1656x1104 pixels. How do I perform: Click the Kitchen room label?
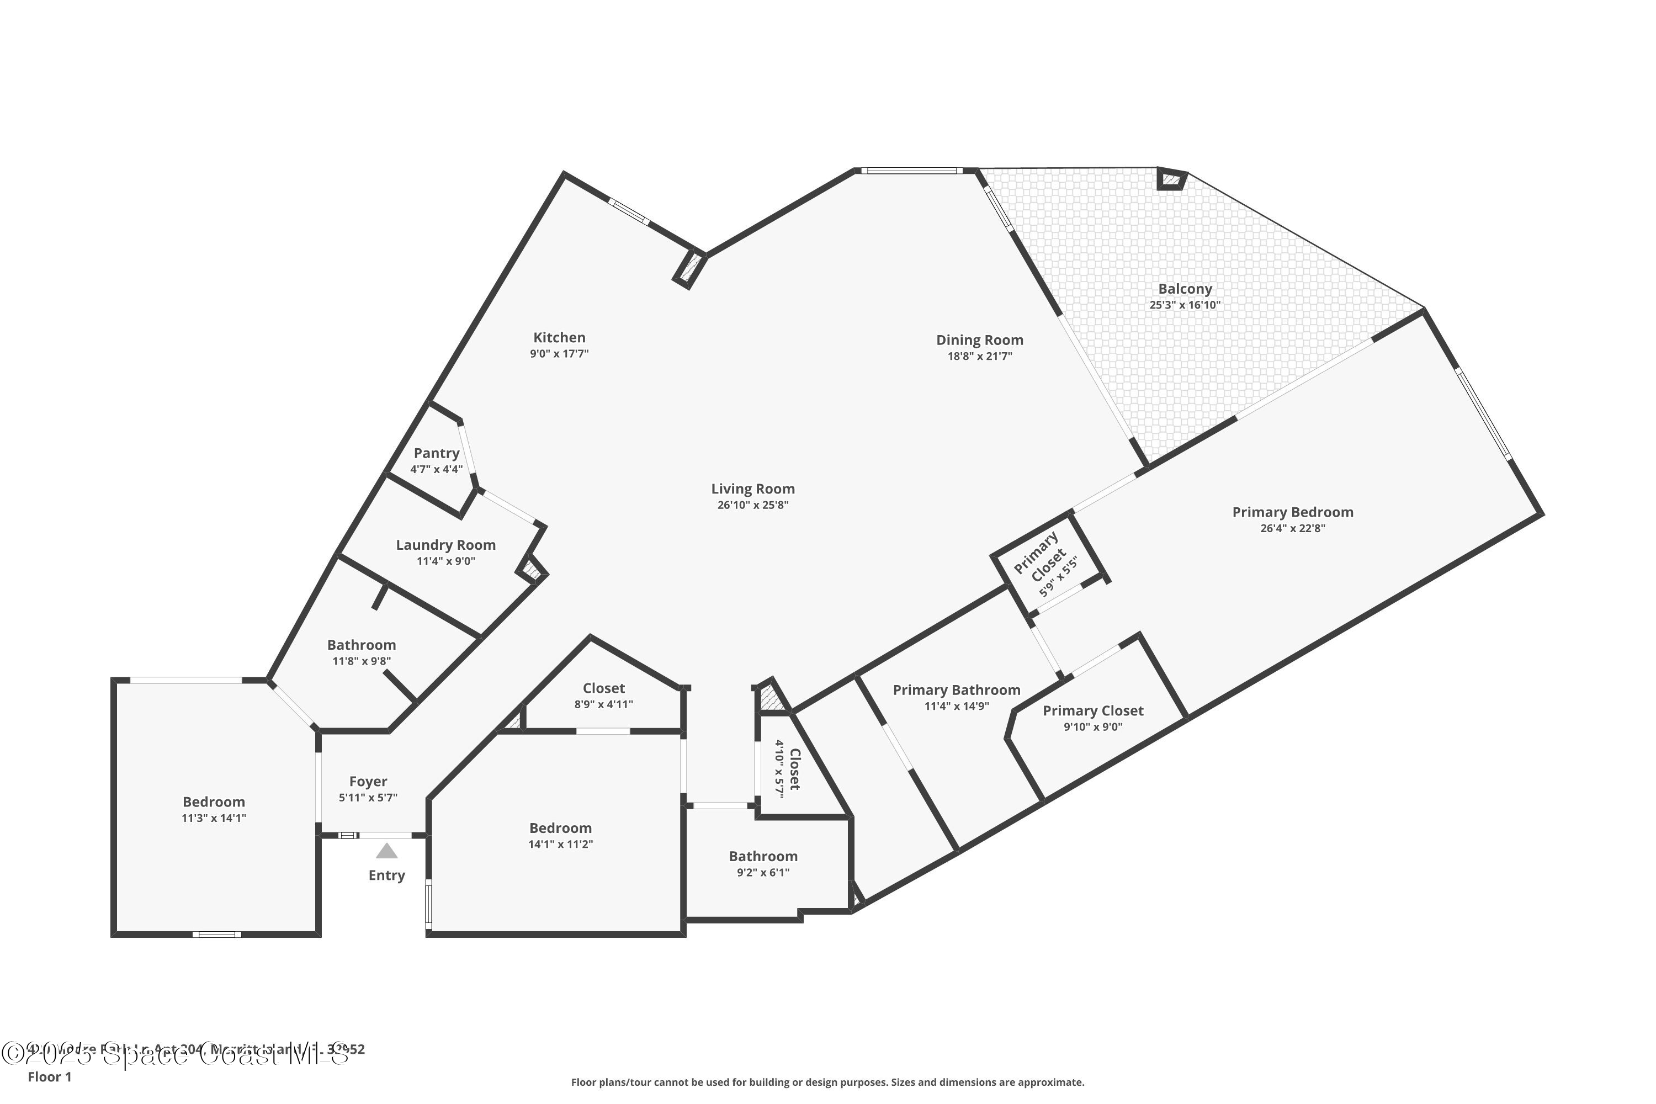tap(559, 338)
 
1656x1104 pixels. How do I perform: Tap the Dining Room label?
tap(979, 340)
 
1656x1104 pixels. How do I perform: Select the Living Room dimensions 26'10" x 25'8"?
tap(753, 505)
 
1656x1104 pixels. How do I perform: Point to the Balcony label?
tap(1185, 289)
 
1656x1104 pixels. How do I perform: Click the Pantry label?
tap(437, 453)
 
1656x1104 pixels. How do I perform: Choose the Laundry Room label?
tap(445, 545)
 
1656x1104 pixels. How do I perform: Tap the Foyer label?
tap(368, 782)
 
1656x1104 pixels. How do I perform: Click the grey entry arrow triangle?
tap(386, 851)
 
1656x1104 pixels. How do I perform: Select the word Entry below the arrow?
tap(386, 875)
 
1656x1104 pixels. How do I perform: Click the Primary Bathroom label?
tap(957, 690)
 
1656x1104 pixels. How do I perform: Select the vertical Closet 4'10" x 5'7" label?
tap(788, 768)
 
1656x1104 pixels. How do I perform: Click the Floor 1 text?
tap(49, 1076)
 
